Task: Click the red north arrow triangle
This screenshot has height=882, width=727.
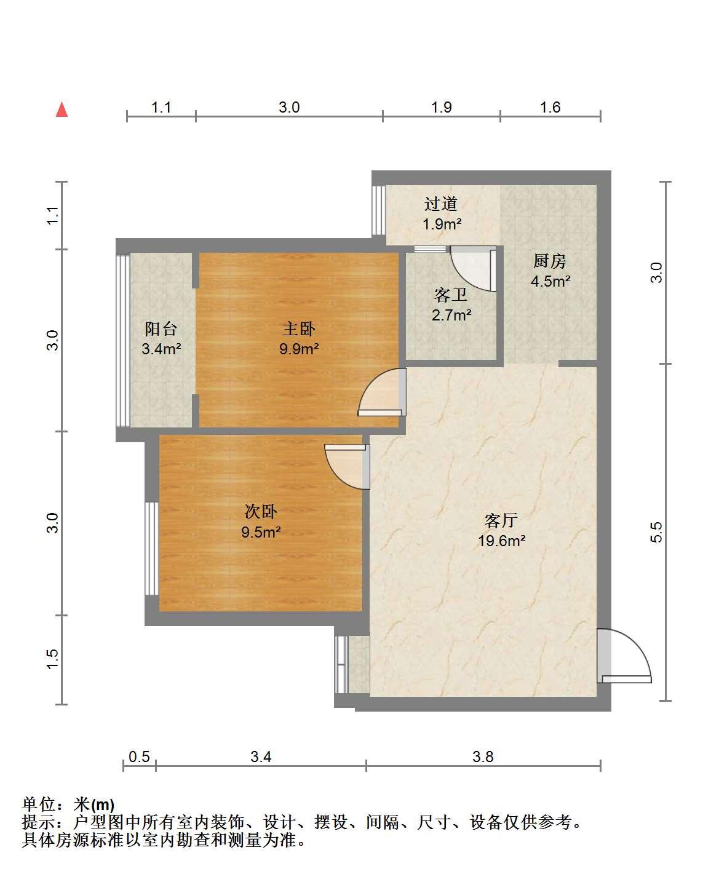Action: pyautogui.click(x=62, y=109)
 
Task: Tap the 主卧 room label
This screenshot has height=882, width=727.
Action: pyautogui.click(x=299, y=328)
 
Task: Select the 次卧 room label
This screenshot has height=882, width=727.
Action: pyautogui.click(x=261, y=512)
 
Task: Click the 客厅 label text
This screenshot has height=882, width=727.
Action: pyautogui.click(x=501, y=520)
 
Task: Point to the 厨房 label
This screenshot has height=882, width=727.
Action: pyautogui.click(x=550, y=261)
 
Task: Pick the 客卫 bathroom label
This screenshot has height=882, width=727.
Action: pyautogui.click(x=451, y=295)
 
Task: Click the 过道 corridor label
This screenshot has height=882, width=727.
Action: pyautogui.click(x=441, y=204)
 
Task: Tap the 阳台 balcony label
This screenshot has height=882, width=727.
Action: pyautogui.click(x=161, y=328)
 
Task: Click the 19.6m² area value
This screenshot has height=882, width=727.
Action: pyautogui.click(x=502, y=541)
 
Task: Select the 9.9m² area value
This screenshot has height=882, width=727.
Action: pyautogui.click(x=299, y=349)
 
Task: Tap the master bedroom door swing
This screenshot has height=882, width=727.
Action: pyautogui.click(x=382, y=392)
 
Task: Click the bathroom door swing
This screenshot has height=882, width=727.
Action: pyautogui.click(x=473, y=269)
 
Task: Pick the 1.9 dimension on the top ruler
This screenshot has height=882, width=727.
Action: pyautogui.click(x=442, y=107)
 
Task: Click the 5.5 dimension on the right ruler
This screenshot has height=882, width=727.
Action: pyautogui.click(x=656, y=532)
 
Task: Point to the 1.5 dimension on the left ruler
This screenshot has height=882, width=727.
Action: pyautogui.click(x=52, y=659)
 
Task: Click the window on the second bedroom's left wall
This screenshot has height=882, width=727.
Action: pyautogui.click(x=152, y=549)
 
